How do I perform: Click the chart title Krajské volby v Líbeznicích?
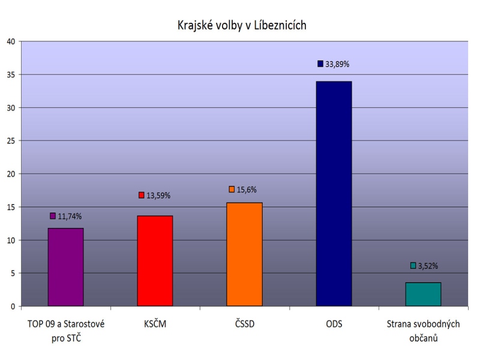[242, 25]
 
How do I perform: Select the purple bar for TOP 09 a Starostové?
[65, 267]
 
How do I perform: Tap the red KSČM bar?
[155, 261]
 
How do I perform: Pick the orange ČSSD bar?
[244, 254]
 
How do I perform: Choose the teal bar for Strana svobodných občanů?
[423, 294]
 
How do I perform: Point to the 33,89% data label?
[338, 64]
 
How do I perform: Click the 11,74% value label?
[70, 217]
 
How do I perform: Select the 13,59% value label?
[159, 196]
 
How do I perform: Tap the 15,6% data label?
[246, 190]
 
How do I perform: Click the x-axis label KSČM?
[155, 325]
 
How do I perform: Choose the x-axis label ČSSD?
[244, 325]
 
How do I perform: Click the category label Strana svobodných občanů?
[423, 331]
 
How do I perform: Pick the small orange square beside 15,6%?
[231, 190]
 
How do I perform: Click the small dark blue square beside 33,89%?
[320, 64]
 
